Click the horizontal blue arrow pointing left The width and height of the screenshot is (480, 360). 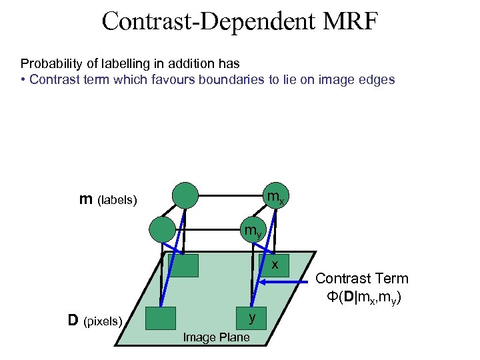(x=287, y=283)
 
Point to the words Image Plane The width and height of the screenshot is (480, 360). (x=217, y=337)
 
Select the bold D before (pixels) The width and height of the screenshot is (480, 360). (x=75, y=321)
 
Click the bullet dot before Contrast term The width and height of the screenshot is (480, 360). (x=23, y=80)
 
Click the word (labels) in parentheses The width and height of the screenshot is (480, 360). (x=117, y=200)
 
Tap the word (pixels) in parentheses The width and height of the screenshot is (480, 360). (x=103, y=322)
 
